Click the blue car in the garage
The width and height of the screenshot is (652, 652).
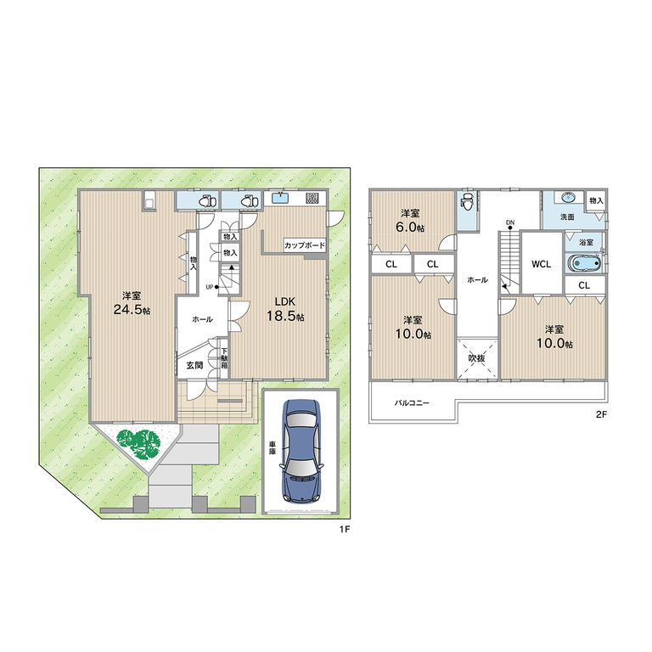pos(302,450)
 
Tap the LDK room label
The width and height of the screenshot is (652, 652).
pos(286,301)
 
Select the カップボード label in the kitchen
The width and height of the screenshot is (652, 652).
pos(305,244)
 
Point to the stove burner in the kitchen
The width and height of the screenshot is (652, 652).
pos(312,199)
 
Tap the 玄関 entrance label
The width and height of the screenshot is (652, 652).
pos(194,365)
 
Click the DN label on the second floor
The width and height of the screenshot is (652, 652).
pos(509,223)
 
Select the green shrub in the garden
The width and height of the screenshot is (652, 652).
pos(138,442)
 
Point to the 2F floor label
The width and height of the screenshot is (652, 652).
pos(602,416)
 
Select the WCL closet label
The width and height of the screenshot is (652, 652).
pos(542,263)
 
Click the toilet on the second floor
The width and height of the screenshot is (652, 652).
pos(466,204)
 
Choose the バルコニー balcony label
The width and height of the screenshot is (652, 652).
pos(412,403)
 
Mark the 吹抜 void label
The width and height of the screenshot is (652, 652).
pos(476,357)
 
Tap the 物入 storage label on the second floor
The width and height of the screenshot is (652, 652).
pos(595,201)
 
